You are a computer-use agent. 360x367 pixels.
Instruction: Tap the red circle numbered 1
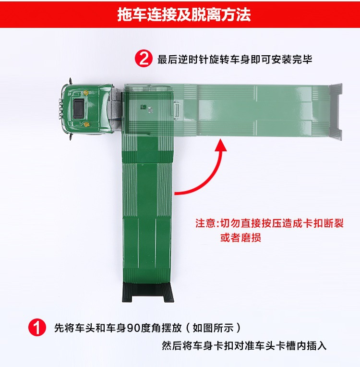pyautogui.click(x=37, y=328)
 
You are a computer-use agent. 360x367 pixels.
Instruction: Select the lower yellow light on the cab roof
pyautogui.click(x=87, y=124)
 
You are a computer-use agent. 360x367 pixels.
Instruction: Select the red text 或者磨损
pyautogui.click(x=240, y=237)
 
